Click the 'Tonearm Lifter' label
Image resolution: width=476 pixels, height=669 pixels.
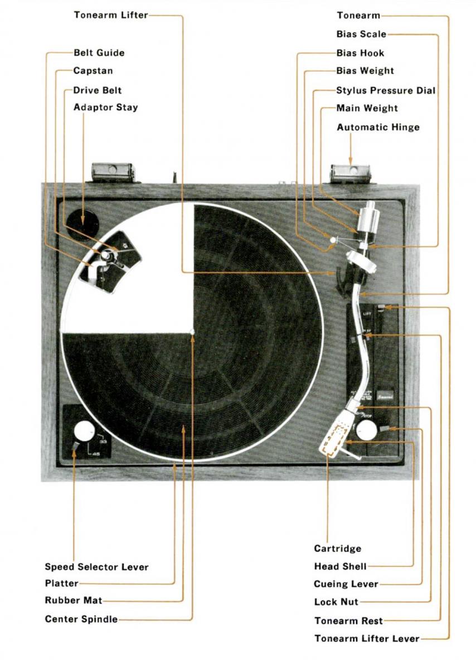pyautogui.click(x=110, y=15)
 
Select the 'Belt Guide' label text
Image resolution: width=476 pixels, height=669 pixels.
pyautogui.click(x=99, y=53)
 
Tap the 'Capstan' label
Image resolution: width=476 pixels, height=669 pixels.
pyautogui.click(x=93, y=71)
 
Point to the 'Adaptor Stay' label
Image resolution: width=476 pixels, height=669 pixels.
pyautogui.click(x=105, y=108)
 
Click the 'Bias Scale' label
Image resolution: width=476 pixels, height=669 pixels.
pyautogui.click(x=361, y=34)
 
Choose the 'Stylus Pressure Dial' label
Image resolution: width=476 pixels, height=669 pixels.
pyautogui.click(x=386, y=90)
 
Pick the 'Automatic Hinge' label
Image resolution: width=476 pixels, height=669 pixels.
pyautogui.click(x=378, y=127)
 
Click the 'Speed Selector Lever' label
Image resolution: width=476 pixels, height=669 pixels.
pyautogui.click(x=96, y=567)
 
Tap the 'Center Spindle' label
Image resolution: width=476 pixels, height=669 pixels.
pyautogui.click(x=81, y=619)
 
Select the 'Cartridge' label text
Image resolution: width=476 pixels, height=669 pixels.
pyautogui.click(x=337, y=549)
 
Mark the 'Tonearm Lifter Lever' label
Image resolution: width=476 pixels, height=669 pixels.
pyautogui.click(x=366, y=638)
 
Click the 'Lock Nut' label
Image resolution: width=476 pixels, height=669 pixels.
pyautogui.click(x=336, y=602)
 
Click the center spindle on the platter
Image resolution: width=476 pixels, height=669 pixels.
pyautogui.click(x=192, y=332)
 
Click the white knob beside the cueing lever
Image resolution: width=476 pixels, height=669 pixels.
pyautogui.click(x=366, y=429)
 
